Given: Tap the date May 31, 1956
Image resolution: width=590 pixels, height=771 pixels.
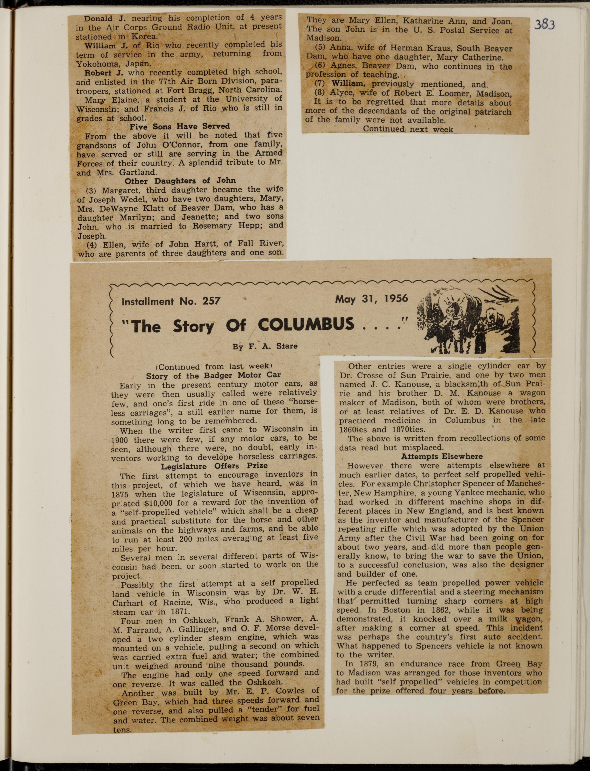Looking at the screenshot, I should coord(372,299).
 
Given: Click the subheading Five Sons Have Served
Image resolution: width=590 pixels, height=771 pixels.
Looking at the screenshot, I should coord(179,126).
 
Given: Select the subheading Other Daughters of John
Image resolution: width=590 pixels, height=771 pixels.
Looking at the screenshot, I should coord(180,181).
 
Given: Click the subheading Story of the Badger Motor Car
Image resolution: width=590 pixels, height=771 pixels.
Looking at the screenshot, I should coord(213,375).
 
